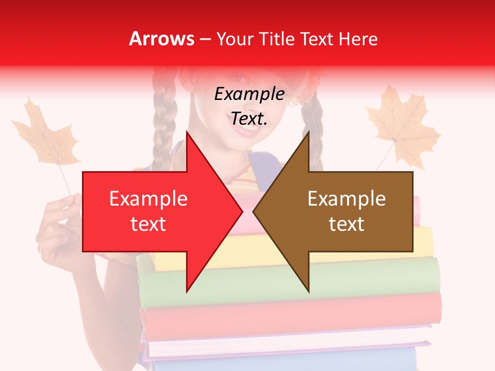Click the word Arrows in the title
161,39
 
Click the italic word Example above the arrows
249,94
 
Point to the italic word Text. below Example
249,119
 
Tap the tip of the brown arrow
254,211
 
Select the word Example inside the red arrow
148,199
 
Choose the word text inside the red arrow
148,224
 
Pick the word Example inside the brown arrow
346,199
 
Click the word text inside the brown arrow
346,224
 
